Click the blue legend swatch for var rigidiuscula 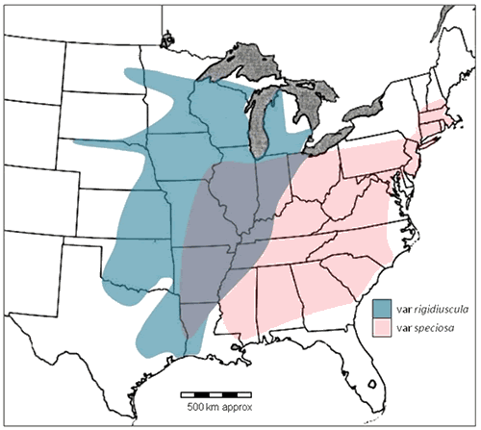point(381,307)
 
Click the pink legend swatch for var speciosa point(381,328)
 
